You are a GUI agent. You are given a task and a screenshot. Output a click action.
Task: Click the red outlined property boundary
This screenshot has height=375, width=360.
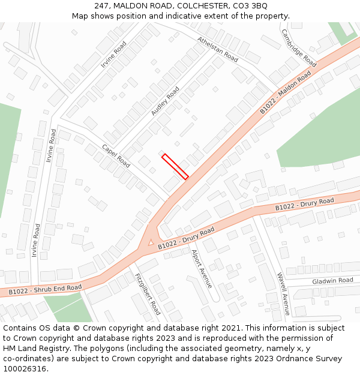click(175, 166)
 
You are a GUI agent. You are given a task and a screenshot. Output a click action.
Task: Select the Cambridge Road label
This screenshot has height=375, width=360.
click(298, 48)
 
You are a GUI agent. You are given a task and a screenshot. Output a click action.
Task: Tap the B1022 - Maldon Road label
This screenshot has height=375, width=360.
click(286, 92)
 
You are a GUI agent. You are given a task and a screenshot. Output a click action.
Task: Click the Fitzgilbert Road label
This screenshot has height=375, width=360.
click(148, 294)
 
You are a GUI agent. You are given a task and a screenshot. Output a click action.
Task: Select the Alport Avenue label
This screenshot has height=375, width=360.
click(201, 269)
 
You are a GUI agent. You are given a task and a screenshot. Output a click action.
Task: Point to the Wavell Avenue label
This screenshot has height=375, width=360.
click(283, 293)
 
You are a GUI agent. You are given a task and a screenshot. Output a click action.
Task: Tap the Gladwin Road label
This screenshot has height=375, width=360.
click(332, 281)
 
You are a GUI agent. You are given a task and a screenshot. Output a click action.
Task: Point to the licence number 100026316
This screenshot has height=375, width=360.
click(26, 368)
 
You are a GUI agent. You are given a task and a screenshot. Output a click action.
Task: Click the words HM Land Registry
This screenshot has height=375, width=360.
click(35, 348)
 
